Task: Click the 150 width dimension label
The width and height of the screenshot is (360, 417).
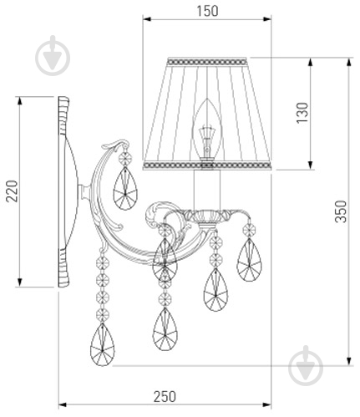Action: click(x=207, y=11)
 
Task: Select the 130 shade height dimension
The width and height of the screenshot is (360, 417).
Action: click(x=302, y=113)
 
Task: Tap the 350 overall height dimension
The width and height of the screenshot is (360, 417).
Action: click(x=341, y=211)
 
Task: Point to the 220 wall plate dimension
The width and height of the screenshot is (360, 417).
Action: click(x=12, y=191)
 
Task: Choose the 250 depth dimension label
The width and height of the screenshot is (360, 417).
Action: click(x=165, y=396)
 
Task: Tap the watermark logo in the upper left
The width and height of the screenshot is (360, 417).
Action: click(x=53, y=55)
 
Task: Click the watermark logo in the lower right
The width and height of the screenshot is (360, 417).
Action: click(x=306, y=365)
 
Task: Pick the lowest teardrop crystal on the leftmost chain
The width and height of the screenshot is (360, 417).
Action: click(x=103, y=344)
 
